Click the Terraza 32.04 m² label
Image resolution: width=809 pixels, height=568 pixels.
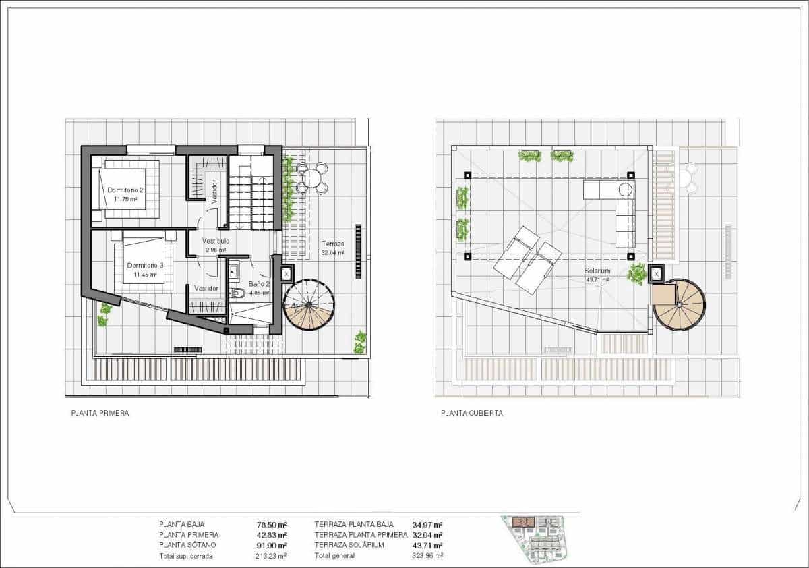pos(333,248)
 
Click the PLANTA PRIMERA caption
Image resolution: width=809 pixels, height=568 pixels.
pos(100,414)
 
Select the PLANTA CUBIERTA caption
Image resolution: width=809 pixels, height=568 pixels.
pos(472,414)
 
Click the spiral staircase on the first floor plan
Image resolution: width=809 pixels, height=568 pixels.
pos(309,306)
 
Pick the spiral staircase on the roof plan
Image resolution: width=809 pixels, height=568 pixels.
pos(679,305)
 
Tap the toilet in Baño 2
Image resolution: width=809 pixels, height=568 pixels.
pos(237,294)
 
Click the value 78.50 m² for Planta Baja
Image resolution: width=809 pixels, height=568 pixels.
pos(272,524)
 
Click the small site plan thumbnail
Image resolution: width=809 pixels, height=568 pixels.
pos(539,537)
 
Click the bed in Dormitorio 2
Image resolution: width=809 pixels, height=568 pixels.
pos(128,188)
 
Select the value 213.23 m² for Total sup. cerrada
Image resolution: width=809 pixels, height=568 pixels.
pos(272,556)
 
